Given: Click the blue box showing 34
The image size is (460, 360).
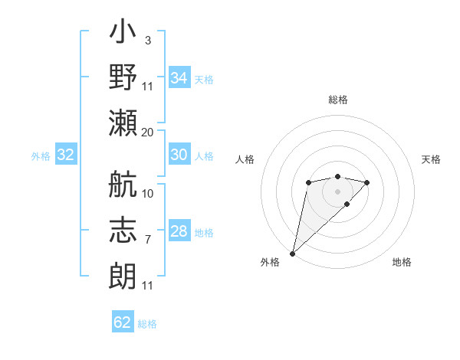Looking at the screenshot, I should (179, 78).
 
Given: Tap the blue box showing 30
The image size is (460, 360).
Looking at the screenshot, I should (179, 155).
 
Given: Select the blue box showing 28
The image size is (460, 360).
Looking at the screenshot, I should (179, 231).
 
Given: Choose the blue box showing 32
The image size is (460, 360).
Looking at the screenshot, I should (66, 155).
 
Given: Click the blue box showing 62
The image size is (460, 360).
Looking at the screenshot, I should (123, 322).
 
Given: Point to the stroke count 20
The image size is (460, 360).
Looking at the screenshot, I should (148, 132).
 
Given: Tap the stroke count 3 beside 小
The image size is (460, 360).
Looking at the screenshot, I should (147, 40).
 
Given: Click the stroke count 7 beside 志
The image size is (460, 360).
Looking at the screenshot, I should (147, 240).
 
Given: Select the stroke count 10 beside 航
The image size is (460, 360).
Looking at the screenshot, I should (148, 193).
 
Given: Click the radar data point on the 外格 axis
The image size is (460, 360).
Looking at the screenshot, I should (292, 253).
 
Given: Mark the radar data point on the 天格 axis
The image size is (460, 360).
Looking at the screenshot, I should (367, 182).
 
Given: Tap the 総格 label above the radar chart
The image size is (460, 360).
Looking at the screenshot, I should (337, 100).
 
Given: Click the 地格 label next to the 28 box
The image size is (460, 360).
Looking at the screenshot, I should (204, 232).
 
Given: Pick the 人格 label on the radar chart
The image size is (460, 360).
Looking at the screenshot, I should (245, 159).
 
